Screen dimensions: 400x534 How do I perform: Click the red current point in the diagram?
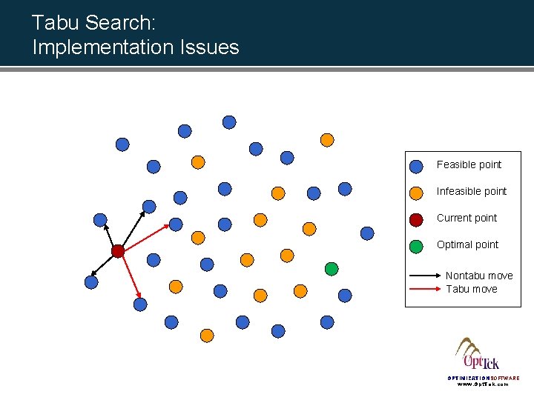[117, 251]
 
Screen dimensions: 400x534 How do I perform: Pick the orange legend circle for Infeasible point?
[416, 193]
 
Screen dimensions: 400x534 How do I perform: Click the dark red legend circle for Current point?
[416, 219]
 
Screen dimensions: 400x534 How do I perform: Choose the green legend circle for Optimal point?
[416, 246]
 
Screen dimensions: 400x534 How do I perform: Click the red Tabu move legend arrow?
[425, 290]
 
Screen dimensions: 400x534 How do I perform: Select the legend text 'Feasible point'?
[469, 164]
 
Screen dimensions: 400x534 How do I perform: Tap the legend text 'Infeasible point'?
[472, 191]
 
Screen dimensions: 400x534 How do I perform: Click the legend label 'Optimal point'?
[467, 244]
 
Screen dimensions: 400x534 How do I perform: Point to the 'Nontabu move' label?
[479, 276]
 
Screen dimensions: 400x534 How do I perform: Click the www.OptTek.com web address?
[483, 384]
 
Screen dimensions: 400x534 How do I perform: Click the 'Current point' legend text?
[467, 218]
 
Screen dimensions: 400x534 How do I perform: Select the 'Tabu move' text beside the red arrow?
[472, 289]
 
